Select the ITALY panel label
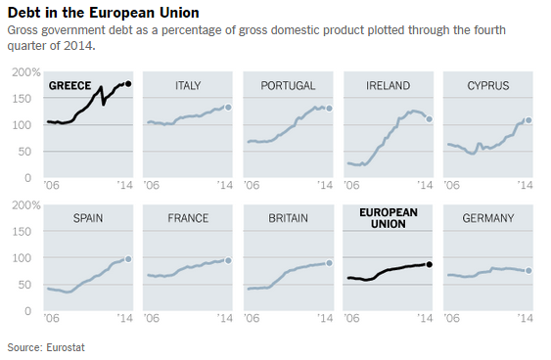[188, 86]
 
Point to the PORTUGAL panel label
[288, 86]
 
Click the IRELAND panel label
[388, 86]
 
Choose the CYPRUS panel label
[488, 86]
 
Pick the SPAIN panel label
[88, 218]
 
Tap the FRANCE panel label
[188, 218]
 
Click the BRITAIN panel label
[288, 218]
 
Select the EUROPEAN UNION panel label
[388, 218]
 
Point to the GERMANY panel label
[488, 218]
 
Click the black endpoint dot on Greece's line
[129, 84]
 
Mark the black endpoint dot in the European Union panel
[429, 264]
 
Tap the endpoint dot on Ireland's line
[429, 118]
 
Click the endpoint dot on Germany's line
[529, 271]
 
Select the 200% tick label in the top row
[24, 72]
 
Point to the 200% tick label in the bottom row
[24, 205]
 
